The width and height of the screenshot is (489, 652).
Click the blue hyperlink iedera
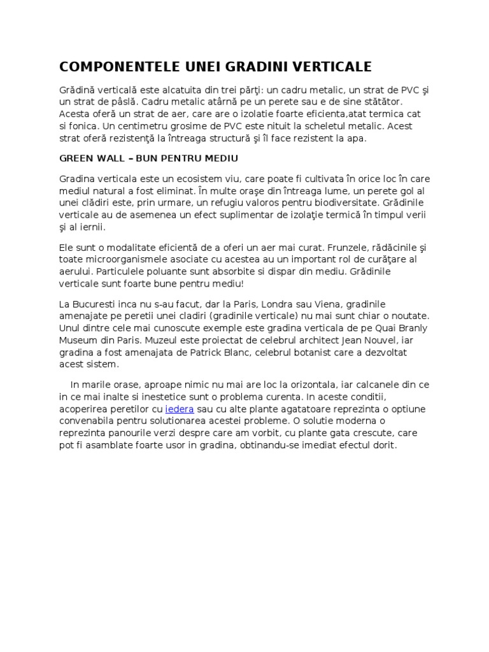[x=180, y=409]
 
